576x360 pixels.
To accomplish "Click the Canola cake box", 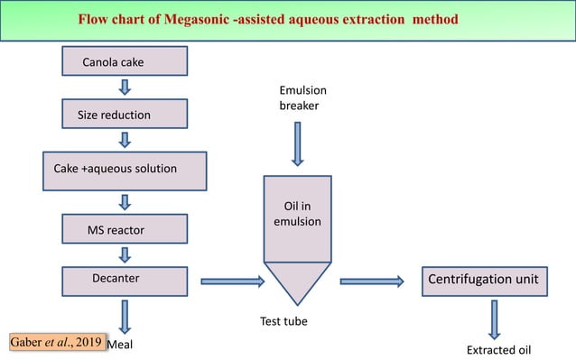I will (x=125, y=62).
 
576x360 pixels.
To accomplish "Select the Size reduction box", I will (x=125, y=115).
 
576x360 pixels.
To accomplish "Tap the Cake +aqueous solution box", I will (x=125, y=168).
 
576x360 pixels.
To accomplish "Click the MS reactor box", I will (x=125, y=229).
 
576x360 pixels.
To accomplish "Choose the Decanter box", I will (x=125, y=279).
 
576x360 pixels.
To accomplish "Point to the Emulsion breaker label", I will (x=302, y=98).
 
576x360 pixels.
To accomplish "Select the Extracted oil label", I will (x=496, y=348).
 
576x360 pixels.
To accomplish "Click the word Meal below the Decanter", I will (x=121, y=344).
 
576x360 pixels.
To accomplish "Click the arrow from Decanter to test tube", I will (x=231, y=282).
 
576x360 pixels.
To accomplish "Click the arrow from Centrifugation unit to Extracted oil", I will (x=495, y=318).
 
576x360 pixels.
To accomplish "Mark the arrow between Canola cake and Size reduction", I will (x=125, y=88).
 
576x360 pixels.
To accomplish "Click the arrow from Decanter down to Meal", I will (x=125, y=317).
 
